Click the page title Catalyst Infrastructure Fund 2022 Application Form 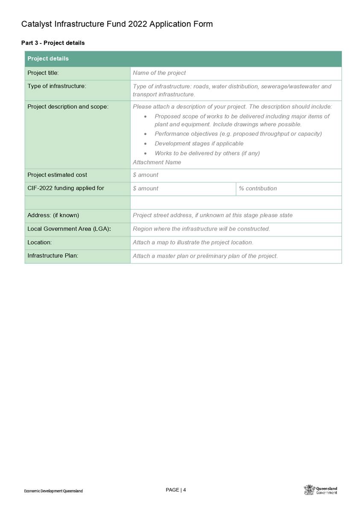(117, 24)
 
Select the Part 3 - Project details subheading (53, 43)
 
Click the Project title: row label (43, 73)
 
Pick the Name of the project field (159, 73)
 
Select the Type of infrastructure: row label (57, 86)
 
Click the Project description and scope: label (68, 107)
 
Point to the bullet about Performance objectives (238, 134)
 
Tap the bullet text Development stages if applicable (199, 144)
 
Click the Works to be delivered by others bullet (207, 153)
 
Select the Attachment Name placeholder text (157, 163)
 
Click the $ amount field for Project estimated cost (146, 175)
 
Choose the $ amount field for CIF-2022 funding (146, 189)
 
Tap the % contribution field (258, 189)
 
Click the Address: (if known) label (53, 215)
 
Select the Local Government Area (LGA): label (69, 229)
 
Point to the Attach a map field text (193, 242)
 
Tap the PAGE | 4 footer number (176, 490)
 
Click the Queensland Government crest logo (309, 490)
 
